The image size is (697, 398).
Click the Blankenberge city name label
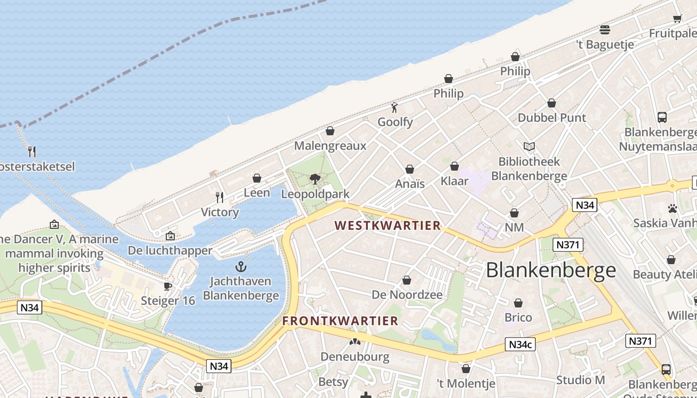551,270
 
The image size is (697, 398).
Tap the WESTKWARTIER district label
387,225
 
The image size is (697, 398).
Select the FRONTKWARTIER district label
341,321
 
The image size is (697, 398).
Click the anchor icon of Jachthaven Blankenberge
241,267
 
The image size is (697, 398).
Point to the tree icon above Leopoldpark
315,179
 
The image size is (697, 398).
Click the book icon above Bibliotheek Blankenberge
529,147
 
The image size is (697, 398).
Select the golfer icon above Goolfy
395,107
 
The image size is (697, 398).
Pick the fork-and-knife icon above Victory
220,198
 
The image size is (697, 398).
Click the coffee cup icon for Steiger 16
168,286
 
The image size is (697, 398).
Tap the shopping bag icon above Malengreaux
330,131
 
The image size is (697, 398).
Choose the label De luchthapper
170,250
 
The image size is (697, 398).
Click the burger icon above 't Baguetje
605,30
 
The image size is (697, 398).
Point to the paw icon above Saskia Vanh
673,208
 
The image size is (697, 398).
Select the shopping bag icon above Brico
518,303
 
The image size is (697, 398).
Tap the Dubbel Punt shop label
552,118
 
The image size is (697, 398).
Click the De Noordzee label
407,295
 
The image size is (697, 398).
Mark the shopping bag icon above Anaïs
410,170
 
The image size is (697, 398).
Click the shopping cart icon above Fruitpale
677,19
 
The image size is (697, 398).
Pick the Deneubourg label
354,356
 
